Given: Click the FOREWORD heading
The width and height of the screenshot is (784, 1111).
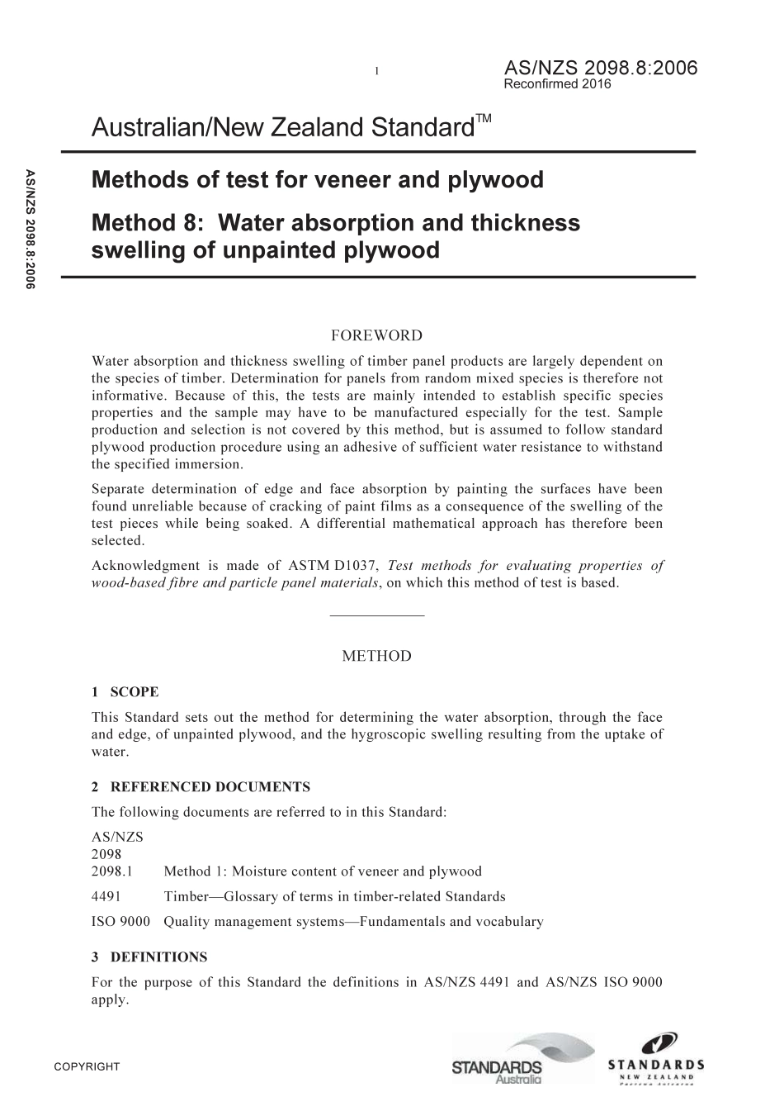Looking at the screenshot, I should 376,335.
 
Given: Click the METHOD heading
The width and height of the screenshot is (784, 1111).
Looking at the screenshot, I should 376,656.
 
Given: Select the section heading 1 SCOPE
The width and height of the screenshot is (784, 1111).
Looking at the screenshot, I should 125,692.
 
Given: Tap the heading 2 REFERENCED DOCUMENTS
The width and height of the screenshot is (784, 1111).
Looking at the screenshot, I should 201,786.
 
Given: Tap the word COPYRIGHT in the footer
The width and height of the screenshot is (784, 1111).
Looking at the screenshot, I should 87,1066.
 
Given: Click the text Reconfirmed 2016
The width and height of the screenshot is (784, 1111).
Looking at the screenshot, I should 557,84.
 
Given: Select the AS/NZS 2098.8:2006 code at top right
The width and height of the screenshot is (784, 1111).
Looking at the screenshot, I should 600,68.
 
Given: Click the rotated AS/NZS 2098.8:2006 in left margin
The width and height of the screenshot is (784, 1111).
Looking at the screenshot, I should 31,229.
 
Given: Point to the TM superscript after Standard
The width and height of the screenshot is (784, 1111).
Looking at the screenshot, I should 484,120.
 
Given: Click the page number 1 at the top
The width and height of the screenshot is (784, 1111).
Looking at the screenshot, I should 376,71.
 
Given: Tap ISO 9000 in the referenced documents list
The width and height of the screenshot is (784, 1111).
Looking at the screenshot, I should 120,921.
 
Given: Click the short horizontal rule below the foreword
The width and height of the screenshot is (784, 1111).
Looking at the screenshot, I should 376,615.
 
